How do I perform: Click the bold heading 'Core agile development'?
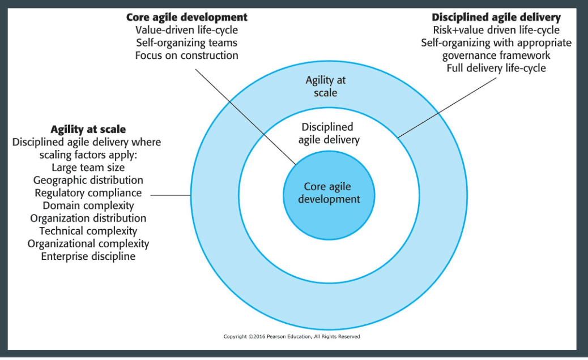point(187,17)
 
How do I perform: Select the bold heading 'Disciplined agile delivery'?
point(496,17)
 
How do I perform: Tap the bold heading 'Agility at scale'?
point(88,129)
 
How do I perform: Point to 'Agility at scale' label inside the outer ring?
point(326,86)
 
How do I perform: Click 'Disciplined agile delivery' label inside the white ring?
point(329,134)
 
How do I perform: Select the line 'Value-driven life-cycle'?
point(187,30)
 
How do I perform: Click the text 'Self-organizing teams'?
point(187,42)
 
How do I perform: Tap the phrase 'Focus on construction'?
point(187,55)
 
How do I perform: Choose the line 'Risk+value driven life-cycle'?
point(496,30)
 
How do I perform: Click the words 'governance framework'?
point(496,55)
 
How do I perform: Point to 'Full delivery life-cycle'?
point(496,68)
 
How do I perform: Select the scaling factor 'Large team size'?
point(88,168)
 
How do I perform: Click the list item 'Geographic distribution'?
point(88,180)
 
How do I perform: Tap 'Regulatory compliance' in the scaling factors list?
point(88,193)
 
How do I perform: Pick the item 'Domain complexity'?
point(88,205)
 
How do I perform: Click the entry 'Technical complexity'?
point(88,231)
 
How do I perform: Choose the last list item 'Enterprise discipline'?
point(88,256)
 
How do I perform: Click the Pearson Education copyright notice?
point(292,336)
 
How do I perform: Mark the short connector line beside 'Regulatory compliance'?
point(171,195)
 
